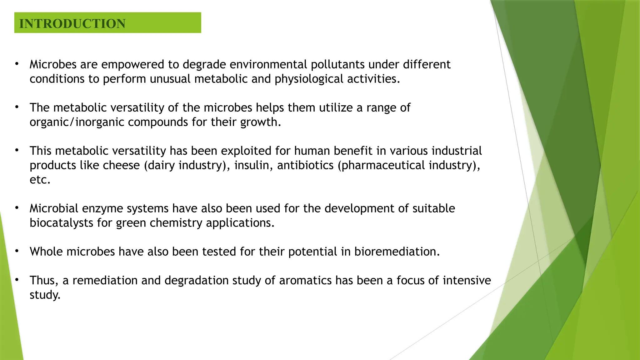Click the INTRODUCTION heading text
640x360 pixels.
(x=72, y=24)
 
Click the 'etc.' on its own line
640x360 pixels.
(x=40, y=180)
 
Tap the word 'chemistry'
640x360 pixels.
(x=176, y=223)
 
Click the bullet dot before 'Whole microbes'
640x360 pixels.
(x=17, y=251)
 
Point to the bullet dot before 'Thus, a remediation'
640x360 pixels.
(x=17, y=280)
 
